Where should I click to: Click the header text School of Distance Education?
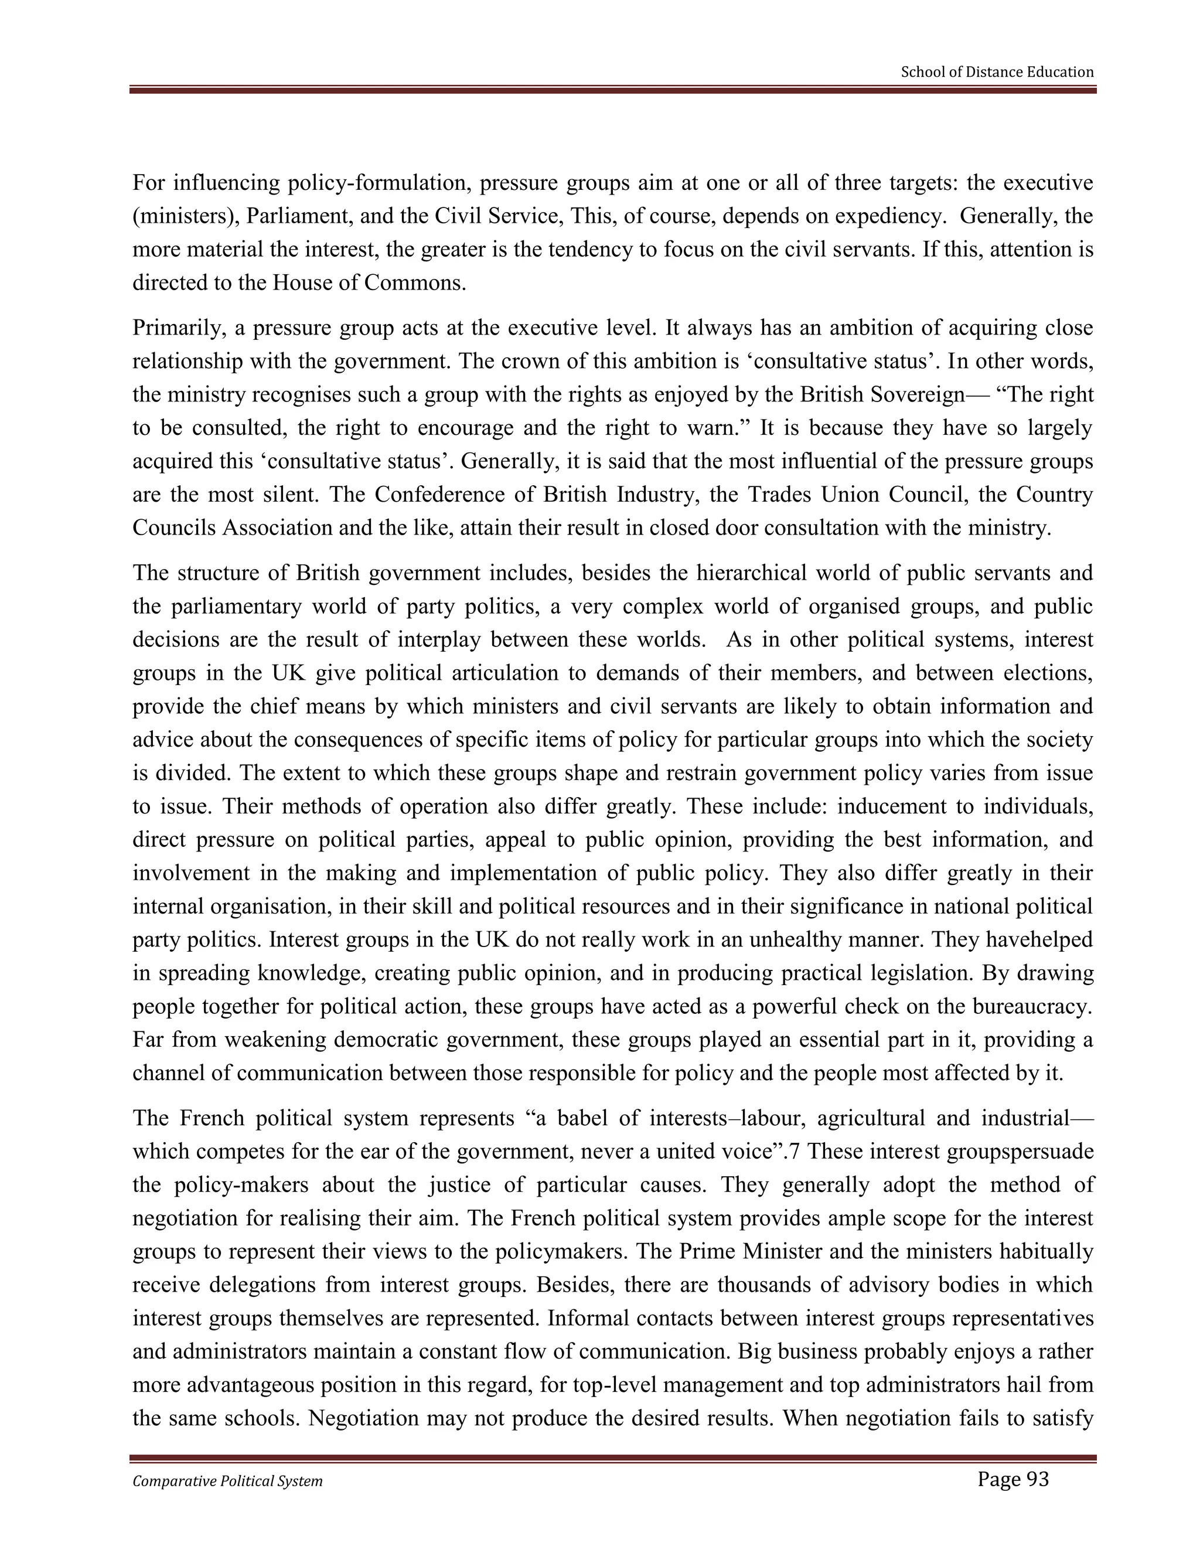click(997, 72)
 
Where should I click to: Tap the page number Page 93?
click(1012, 1480)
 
